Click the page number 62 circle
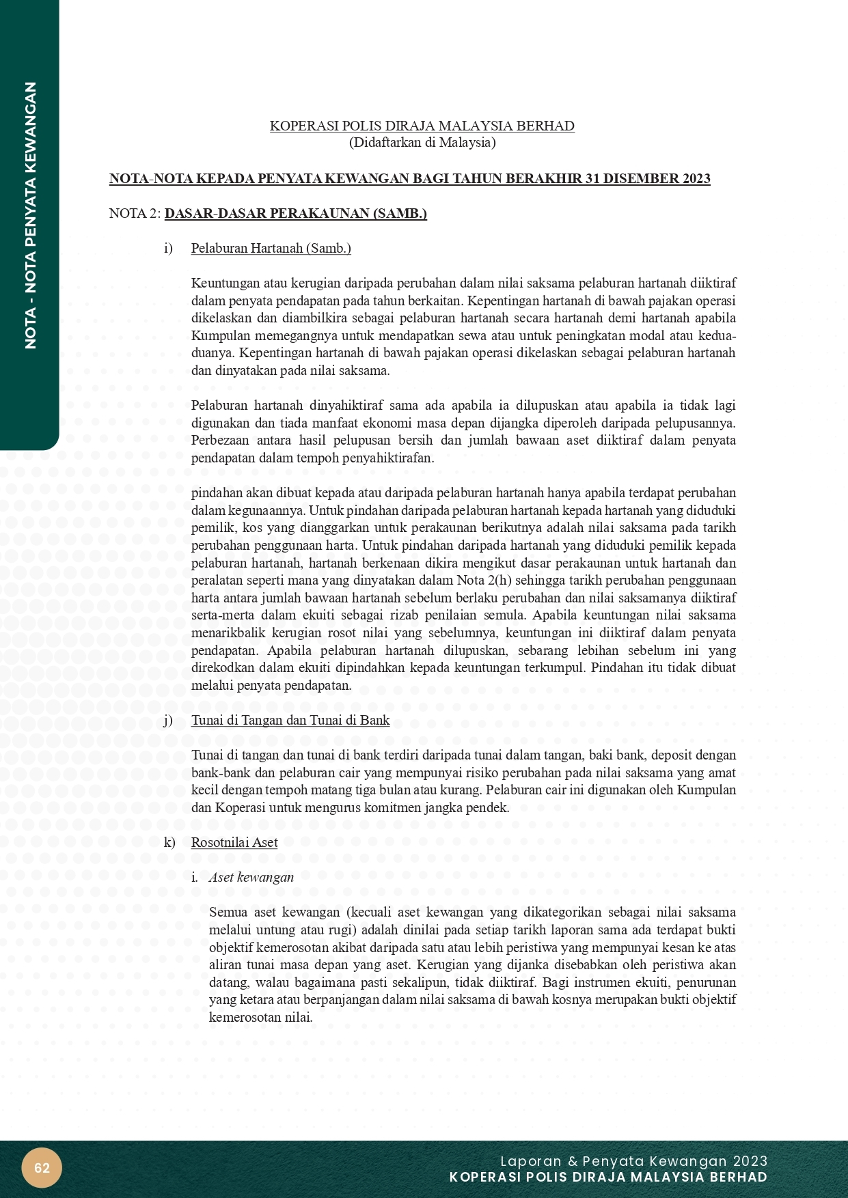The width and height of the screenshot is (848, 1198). click(x=42, y=1168)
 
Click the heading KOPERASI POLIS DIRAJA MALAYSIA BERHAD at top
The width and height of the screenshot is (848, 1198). click(x=422, y=126)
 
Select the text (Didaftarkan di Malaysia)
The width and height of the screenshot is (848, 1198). click(x=422, y=143)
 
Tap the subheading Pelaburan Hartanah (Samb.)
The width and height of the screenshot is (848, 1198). click(x=271, y=249)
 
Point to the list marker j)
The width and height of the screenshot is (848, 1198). click(x=168, y=721)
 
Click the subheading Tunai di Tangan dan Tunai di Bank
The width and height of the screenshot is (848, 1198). click(x=290, y=721)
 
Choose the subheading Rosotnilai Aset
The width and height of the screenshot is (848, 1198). click(x=234, y=843)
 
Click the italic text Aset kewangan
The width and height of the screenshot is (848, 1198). click(x=251, y=878)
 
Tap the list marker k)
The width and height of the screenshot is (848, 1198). click(x=169, y=843)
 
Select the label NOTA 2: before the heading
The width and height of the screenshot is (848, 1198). click(x=135, y=214)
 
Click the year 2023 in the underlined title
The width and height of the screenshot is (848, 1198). click(x=696, y=179)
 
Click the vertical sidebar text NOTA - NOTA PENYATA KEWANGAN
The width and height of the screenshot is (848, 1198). click(x=30, y=215)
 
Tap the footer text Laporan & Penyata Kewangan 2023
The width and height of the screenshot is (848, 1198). click(x=633, y=1161)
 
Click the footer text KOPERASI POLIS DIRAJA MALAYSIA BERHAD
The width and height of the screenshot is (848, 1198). click(x=608, y=1178)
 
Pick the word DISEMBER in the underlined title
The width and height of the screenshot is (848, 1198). click(x=646, y=179)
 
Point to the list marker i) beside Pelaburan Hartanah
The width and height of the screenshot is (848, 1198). click(x=168, y=249)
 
